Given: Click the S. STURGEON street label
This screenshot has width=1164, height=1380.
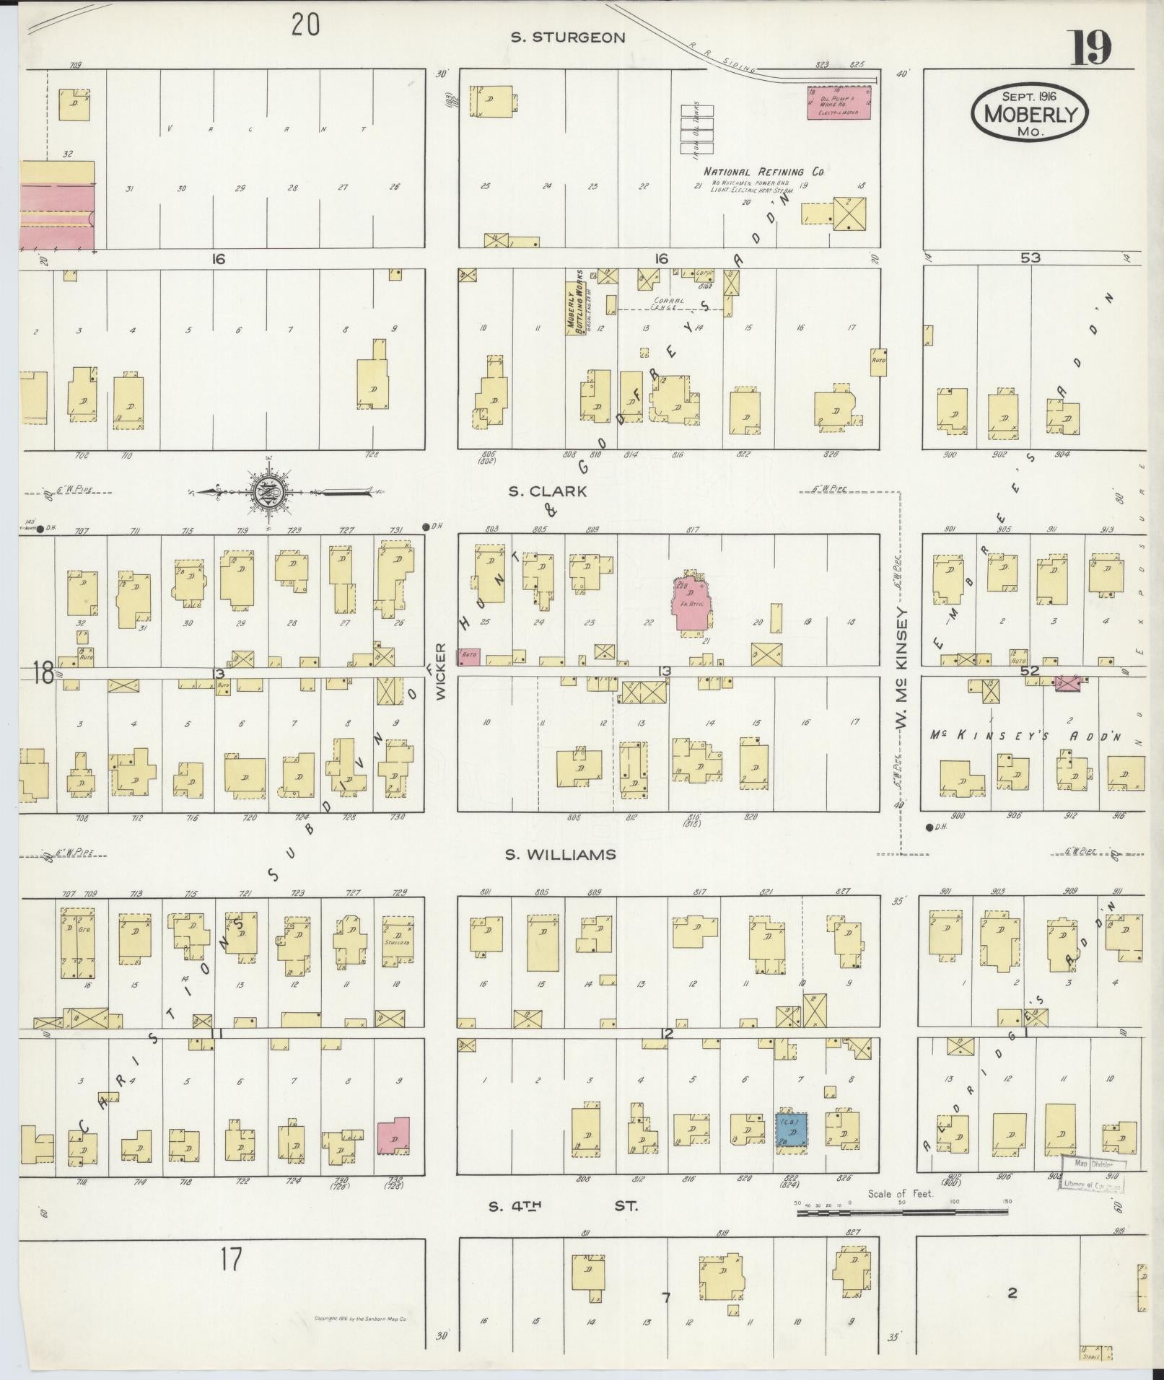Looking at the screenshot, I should pyautogui.click(x=567, y=38).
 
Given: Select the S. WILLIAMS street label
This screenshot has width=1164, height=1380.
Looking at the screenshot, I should pyautogui.click(x=560, y=854).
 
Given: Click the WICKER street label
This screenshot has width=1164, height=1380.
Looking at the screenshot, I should pyautogui.click(x=441, y=671).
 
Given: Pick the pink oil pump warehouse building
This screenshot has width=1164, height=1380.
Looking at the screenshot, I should pyautogui.click(x=838, y=102).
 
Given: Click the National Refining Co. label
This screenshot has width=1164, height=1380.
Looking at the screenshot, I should pyautogui.click(x=763, y=172).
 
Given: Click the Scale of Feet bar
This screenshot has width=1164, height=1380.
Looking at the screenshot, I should pyautogui.click(x=902, y=1213).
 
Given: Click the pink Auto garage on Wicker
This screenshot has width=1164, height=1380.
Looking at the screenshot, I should pyautogui.click(x=469, y=656).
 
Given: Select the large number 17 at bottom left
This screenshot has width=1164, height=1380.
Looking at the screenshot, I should pyautogui.click(x=231, y=1260).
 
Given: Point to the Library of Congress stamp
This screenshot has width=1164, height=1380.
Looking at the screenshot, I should pyautogui.click(x=1093, y=1174).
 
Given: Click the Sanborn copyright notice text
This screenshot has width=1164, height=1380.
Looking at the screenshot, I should pyautogui.click(x=361, y=1318).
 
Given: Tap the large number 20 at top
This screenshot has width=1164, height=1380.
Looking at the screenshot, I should pyautogui.click(x=305, y=25).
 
